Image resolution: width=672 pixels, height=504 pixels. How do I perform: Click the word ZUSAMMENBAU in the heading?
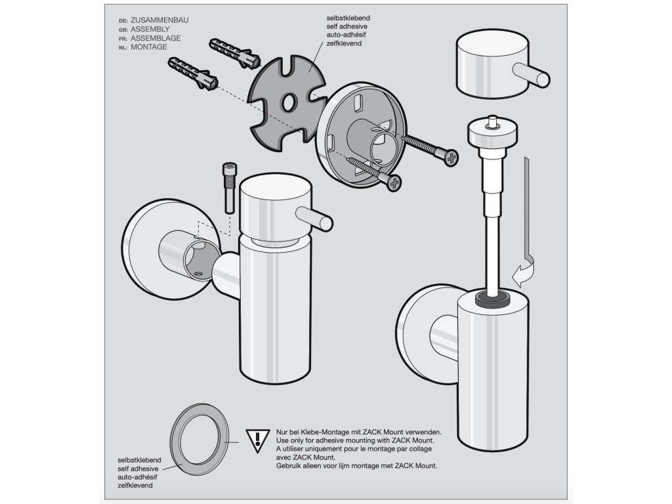(x=159, y=20)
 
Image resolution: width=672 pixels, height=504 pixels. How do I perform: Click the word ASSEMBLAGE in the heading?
(x=156, y=38)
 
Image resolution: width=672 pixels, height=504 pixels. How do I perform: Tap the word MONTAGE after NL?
(x=149, y=47)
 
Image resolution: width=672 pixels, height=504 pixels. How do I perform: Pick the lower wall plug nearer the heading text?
(x=194, y=73)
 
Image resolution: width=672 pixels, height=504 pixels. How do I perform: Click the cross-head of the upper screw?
(x=451, y=158)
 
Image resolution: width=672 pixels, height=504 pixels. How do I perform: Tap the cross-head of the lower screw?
(x=394, y=183)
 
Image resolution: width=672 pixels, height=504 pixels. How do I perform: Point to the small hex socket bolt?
(x=229, y=187)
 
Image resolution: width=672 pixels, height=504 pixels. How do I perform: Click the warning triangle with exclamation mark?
(x=257, y=440)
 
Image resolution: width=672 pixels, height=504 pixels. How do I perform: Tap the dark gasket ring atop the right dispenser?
(x=493, y=299)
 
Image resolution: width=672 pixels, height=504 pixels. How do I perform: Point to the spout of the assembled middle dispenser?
(x=314, y=219)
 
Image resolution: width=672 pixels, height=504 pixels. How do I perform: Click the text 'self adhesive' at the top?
(x=346, y=26)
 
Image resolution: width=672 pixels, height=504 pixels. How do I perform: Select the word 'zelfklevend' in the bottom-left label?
(x=135, y=486)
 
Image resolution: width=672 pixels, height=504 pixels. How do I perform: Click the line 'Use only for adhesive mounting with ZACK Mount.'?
(x=355, y=440)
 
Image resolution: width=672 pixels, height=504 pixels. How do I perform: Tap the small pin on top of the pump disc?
(x=493, y=122)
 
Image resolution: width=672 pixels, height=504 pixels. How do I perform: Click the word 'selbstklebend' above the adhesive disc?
(x=348, y=18)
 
